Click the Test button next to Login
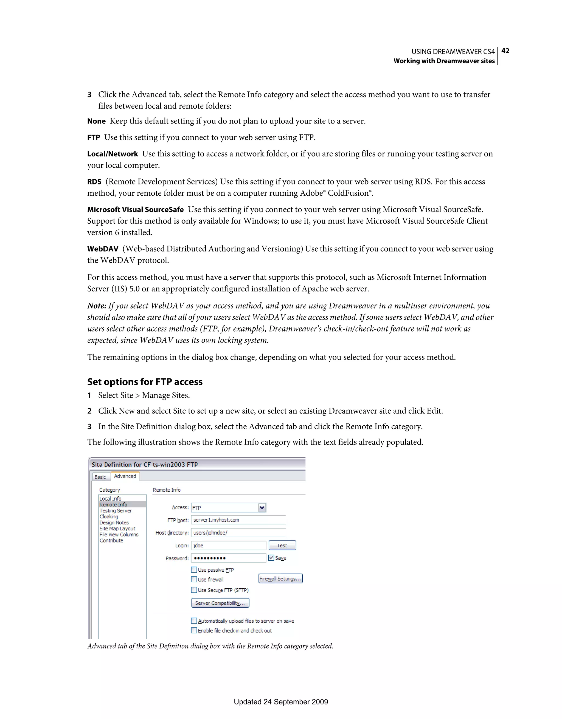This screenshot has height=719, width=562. point(282,546)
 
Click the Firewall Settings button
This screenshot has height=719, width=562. point(280,578)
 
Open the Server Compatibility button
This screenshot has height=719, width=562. point(220,603)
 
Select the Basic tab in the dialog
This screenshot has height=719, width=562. point(100,477)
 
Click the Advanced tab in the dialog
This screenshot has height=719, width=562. point(125,476)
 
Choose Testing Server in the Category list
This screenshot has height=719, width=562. point(116,511)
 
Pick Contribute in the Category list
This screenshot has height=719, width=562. point(111,540)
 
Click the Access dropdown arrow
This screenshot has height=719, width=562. point(262,507)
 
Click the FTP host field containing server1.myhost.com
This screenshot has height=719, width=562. point(238,520)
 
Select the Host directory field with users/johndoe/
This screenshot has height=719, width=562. point(238,533)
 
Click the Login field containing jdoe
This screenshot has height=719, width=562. point(228,546)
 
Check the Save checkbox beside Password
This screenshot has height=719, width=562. point(271,558)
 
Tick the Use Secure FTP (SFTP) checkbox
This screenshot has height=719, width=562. point(194,590)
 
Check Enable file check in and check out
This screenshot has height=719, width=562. point(194,630)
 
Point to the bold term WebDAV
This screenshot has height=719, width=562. point(102,249)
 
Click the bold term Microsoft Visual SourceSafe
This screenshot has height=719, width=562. point(135,210)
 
